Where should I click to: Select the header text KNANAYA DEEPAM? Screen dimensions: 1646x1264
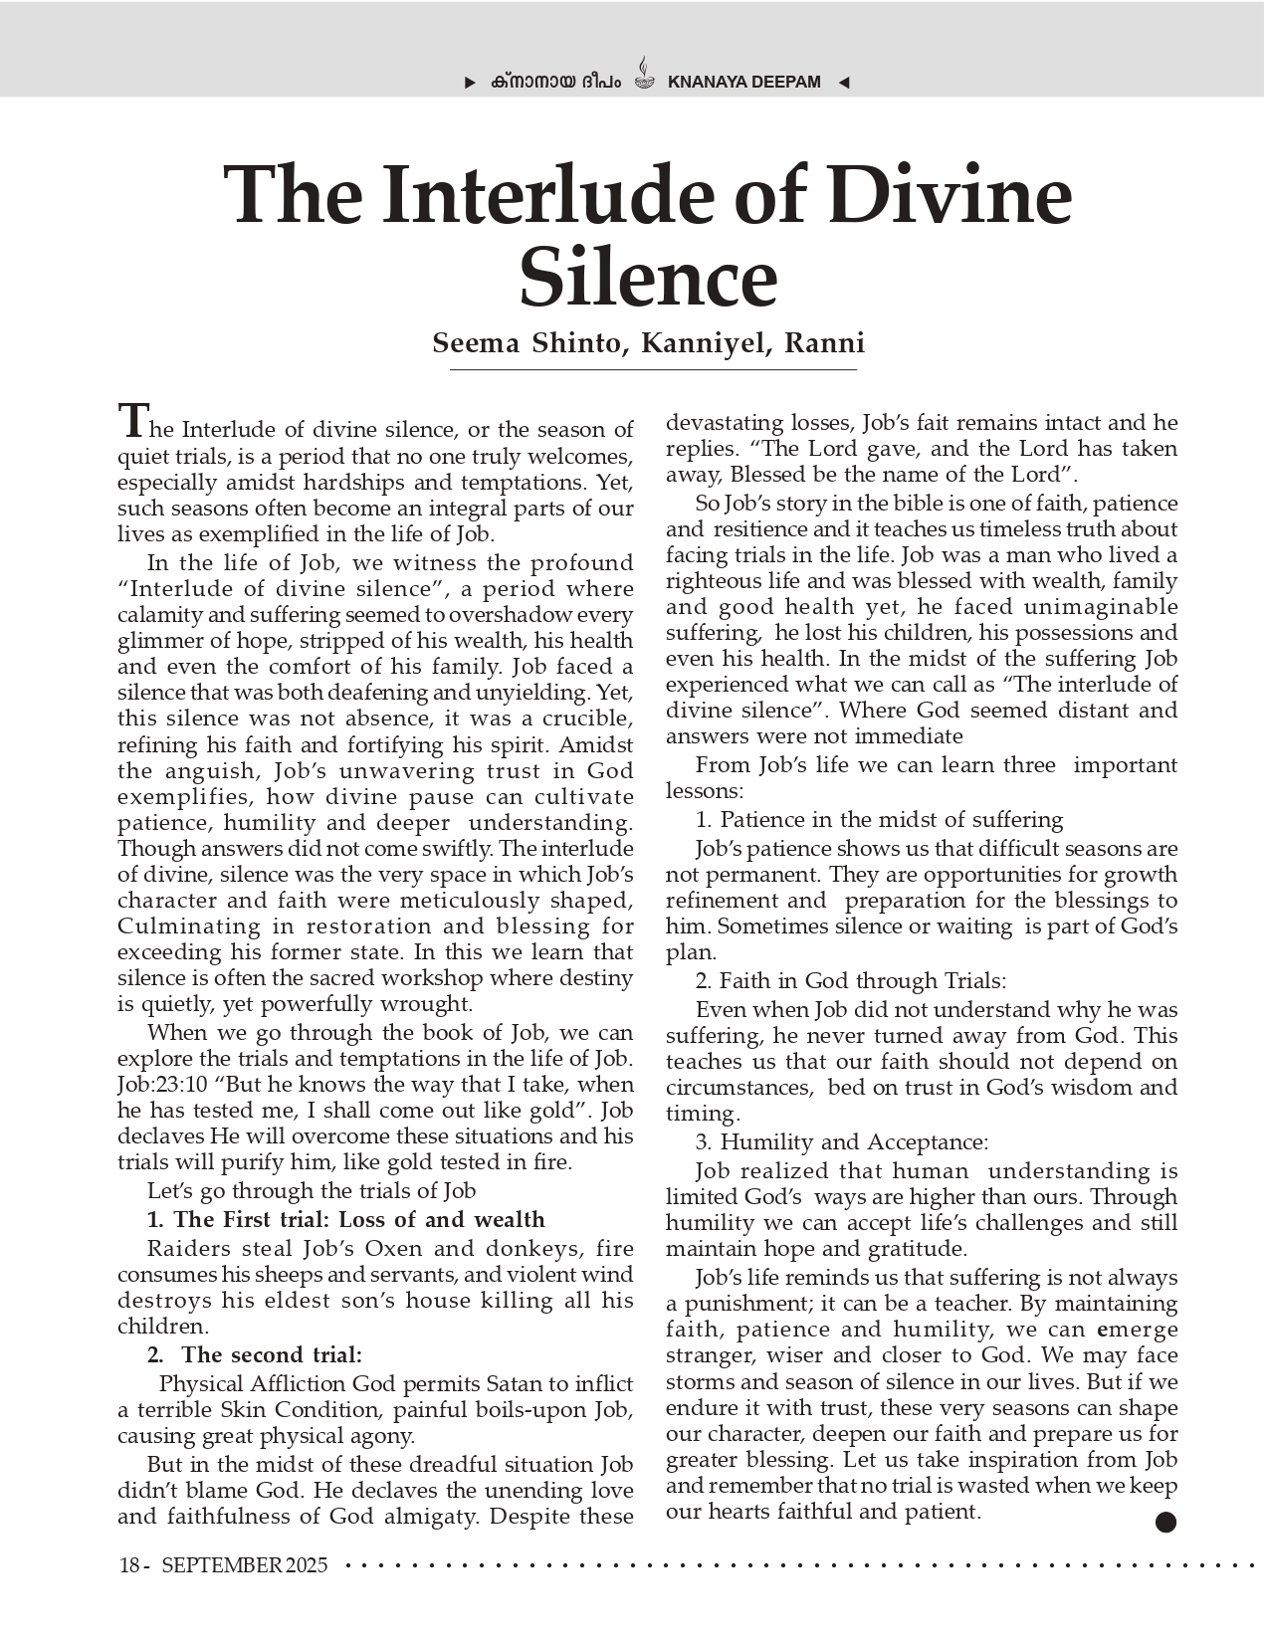point(744,83)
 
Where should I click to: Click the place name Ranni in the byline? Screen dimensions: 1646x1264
point(825,343)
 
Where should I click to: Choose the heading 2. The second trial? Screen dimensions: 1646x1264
point(255,1355)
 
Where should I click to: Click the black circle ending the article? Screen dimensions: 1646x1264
point(1166,1522)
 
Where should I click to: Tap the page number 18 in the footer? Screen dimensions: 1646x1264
point(129,1565)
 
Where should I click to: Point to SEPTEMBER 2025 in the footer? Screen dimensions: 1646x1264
point(245,1565)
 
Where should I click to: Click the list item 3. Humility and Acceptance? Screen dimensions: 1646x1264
point(842,1142)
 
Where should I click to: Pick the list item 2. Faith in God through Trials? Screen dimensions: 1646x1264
point(851,981)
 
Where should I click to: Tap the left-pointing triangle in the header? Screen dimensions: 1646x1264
point(844,83)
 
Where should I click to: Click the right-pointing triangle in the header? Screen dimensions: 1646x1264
point(471,83)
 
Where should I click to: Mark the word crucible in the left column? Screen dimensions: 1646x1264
point(585,719)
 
